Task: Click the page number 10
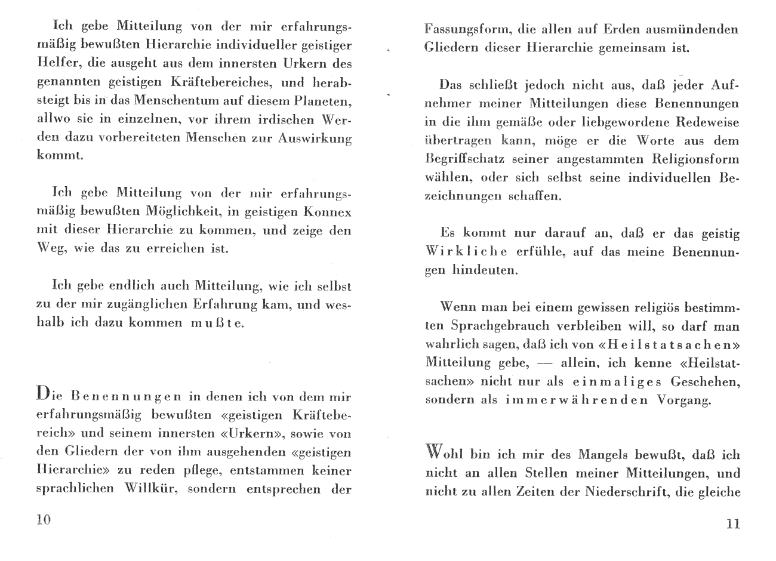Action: click(44, 519)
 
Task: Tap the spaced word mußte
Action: click(217, 323)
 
